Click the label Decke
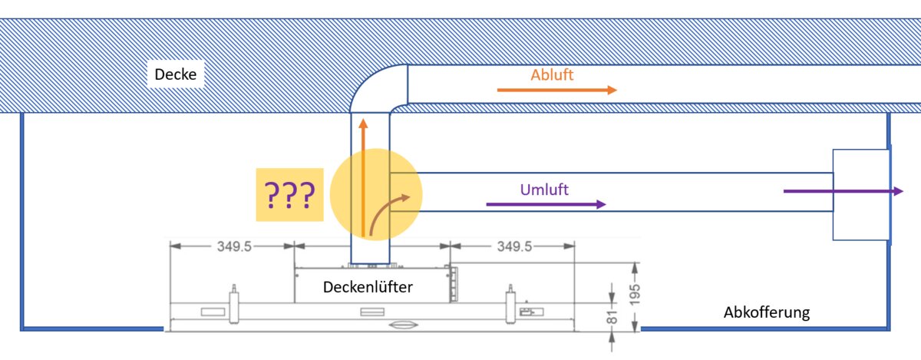(x=176, y=75)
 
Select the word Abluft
(x=552, y=75)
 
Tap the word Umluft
(x=543, y=190)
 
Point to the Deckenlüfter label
(x=368, y=288)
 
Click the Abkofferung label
(x=767, y=312)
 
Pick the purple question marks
(x=289, y=196)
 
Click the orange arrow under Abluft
(x=556, y=90)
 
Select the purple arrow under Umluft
(x=546, y=204)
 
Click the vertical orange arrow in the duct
(x=363, y=177)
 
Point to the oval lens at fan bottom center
(x=403, y=326)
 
